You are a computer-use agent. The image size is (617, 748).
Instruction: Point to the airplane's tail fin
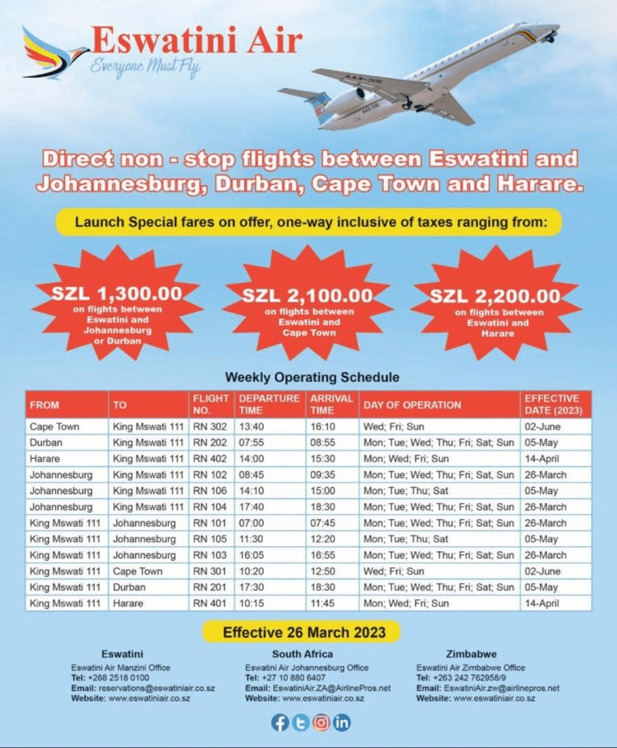click(316, 104)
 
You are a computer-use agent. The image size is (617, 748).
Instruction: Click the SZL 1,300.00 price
click(117, 294)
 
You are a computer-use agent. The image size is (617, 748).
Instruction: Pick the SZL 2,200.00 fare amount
click(495, 296)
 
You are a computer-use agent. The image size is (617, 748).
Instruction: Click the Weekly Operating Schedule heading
click(312, 377)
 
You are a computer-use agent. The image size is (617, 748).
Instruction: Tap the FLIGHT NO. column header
click(210, 404)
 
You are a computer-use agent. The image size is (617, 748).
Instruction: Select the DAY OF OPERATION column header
click(411, 405)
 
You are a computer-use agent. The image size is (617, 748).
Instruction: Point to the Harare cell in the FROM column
click(46, 459)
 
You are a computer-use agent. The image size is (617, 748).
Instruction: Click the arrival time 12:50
click(325, 571)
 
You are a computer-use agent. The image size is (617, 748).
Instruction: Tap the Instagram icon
click(321, 722)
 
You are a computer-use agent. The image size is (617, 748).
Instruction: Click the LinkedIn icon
click(342, 722)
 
